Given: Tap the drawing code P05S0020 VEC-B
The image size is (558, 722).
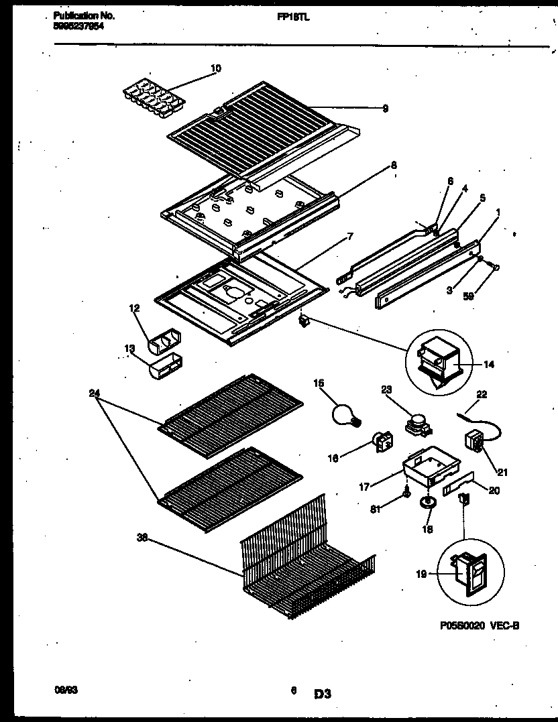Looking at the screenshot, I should click(x=480, y=625).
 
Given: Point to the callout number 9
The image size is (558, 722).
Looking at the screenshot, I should click(x=385, y=109).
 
